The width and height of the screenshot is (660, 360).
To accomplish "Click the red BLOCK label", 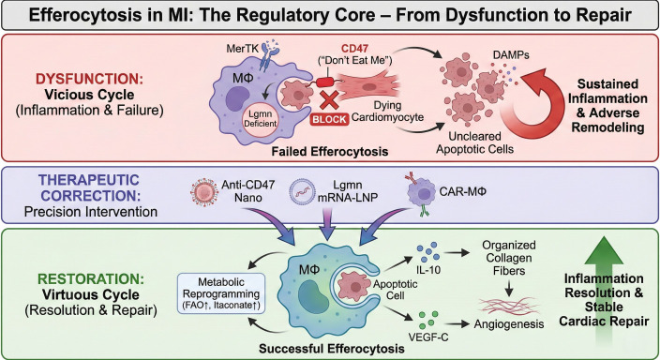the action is [x=330, y=120].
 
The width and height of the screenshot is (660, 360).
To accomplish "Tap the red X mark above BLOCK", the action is [x=330, y=100].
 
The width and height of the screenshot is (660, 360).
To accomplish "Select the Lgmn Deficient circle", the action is [x=260, y=119].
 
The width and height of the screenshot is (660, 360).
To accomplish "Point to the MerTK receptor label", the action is [x=242, y=49].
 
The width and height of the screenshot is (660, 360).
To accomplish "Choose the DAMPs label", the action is [x=510, y=54].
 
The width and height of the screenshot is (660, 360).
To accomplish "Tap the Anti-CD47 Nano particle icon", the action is [x=204, y=191].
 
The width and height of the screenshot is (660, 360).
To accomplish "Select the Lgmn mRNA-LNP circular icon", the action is [x=302, y=191].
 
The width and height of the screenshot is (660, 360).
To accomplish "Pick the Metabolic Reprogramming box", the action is [x=221, y=293].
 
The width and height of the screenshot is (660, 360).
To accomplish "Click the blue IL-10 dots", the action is [x=428, y=252].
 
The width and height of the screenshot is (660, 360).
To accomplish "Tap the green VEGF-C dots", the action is [x=428, y=320].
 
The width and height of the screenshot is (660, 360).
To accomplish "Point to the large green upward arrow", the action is [x=604, y=291].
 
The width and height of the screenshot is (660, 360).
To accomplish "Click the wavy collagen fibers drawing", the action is [x=509, y=307].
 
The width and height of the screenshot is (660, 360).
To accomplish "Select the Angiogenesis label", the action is [x=509, y=324].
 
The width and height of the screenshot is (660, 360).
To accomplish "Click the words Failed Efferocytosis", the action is [x=330, y=151].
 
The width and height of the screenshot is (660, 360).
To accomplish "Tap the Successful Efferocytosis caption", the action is [x=332, y=349].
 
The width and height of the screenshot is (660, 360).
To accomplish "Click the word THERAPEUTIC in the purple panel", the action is [x=89, y=180].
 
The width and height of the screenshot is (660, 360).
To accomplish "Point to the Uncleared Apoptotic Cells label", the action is [x=474, y=142].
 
